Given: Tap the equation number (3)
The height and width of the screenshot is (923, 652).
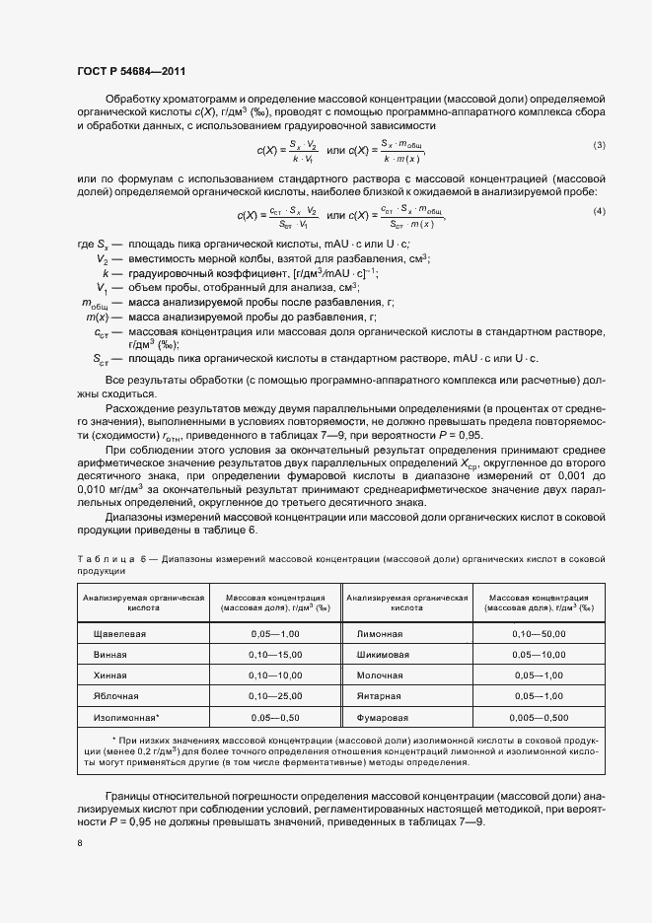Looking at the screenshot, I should tap(598, 146).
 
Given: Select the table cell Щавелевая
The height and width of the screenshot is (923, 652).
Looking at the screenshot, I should tap(117, 633).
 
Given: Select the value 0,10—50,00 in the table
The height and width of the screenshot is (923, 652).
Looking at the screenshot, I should tap(539, 633).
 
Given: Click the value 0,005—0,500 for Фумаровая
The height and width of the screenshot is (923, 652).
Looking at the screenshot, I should tap(539, 717).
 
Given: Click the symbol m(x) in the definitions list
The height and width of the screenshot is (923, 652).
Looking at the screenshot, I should tap(97, 317).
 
